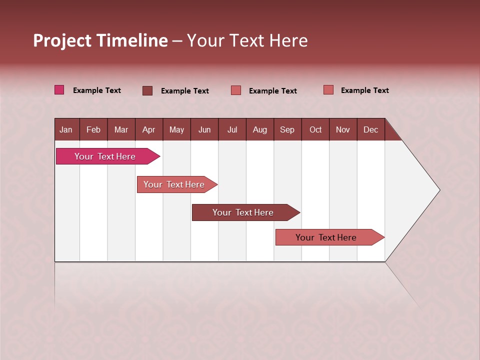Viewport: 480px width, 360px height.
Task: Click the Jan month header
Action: [66, 129]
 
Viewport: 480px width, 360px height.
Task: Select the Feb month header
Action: [93, 129]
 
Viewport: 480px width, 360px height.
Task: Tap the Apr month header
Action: [148, 129]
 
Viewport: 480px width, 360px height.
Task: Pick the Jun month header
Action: [204, 129]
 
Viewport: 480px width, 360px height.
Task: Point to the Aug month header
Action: [259, 129]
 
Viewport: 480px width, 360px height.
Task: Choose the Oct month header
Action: [315, 129]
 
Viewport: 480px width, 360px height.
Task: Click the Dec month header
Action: [370, 129]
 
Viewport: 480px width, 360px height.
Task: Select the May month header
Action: [176, 129]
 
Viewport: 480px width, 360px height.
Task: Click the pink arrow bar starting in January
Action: [105, 156]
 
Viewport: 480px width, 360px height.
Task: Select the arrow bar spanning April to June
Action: [174, 184]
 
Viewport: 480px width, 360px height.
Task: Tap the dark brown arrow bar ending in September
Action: [243, 212]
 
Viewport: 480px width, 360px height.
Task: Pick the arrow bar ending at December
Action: [326, 237]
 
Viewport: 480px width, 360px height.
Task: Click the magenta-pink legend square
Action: [59, 90]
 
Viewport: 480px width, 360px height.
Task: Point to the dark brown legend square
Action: [147, 90]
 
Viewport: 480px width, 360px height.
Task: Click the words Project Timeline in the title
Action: [100, 40]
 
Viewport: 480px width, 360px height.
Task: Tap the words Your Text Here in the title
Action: [247, 40]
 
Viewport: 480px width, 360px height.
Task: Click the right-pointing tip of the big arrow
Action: [437, 190]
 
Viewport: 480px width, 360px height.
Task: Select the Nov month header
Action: [343, 129]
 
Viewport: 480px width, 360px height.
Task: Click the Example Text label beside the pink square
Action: [97, 90]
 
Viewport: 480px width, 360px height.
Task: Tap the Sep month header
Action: [287, 129]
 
